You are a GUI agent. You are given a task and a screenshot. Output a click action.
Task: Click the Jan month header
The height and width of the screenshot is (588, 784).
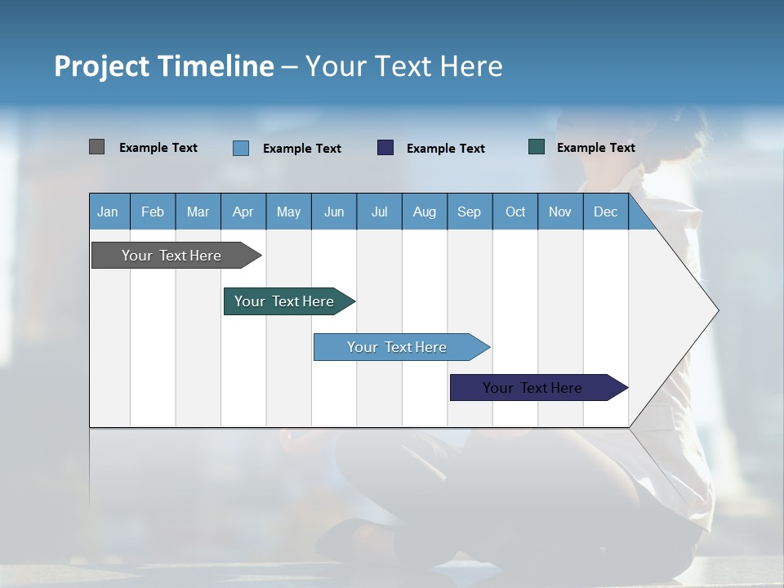point(109,212)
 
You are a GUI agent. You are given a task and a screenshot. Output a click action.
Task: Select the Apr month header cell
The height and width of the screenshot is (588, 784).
point(243,212)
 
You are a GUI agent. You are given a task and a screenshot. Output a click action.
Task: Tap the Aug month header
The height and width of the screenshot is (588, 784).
point(425,212)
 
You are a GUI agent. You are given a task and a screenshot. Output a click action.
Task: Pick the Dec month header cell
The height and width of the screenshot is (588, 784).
point(606,212)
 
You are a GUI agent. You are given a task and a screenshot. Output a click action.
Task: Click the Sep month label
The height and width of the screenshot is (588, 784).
point(470,212)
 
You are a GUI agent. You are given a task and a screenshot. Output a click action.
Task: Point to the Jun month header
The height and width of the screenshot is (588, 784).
point(334,212)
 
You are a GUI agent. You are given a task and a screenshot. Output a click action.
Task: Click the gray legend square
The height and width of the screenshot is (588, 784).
point(96,147)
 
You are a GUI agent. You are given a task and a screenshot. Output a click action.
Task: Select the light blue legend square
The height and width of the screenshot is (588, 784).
point(241,148)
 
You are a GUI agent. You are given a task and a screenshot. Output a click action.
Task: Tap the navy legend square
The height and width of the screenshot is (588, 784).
point(385,148)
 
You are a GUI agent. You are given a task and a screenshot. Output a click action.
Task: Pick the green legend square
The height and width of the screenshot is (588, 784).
point(537,147)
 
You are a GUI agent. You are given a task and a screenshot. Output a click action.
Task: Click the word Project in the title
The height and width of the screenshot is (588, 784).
point(103,66)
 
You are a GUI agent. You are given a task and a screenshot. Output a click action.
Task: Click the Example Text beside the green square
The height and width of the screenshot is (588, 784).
point(596,147)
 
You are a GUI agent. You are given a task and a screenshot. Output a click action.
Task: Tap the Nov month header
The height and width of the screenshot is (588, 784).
point(560,212)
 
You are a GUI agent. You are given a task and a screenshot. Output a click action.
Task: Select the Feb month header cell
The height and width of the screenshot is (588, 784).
point(153,212)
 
